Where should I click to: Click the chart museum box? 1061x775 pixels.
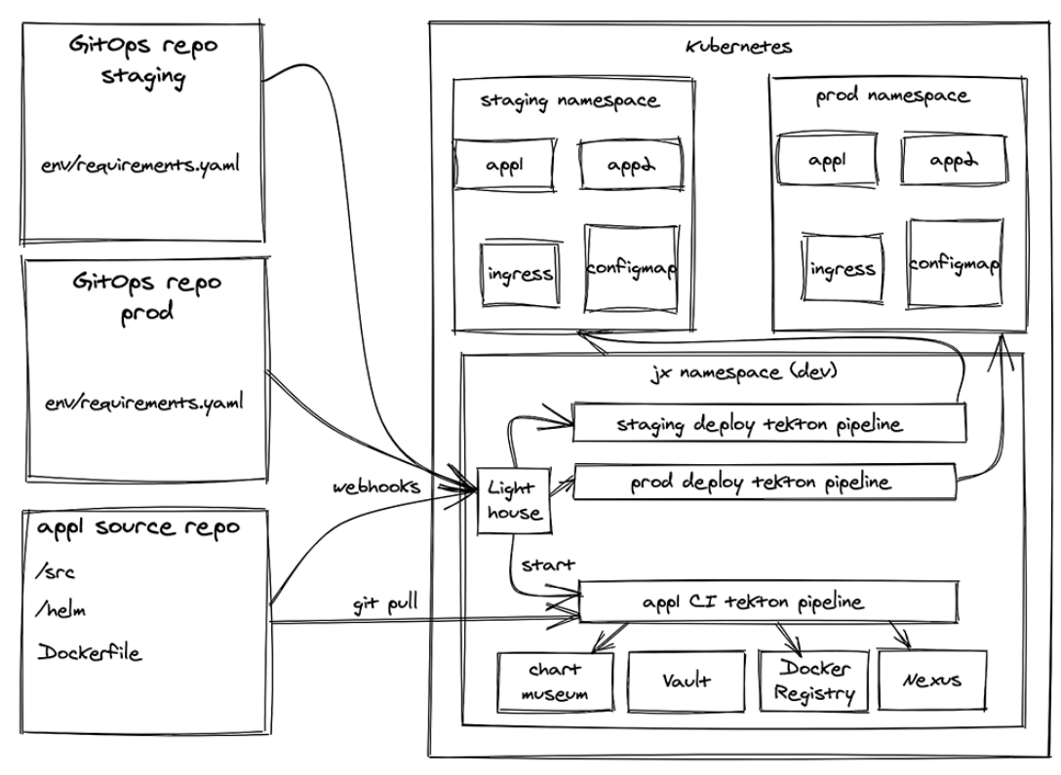557,680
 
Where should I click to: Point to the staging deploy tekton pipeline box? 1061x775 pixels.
767,423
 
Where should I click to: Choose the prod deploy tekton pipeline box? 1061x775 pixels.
762,482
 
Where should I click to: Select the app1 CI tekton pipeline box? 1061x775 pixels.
766,602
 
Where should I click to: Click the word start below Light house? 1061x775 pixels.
540,563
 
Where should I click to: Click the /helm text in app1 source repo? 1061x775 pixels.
57,610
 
